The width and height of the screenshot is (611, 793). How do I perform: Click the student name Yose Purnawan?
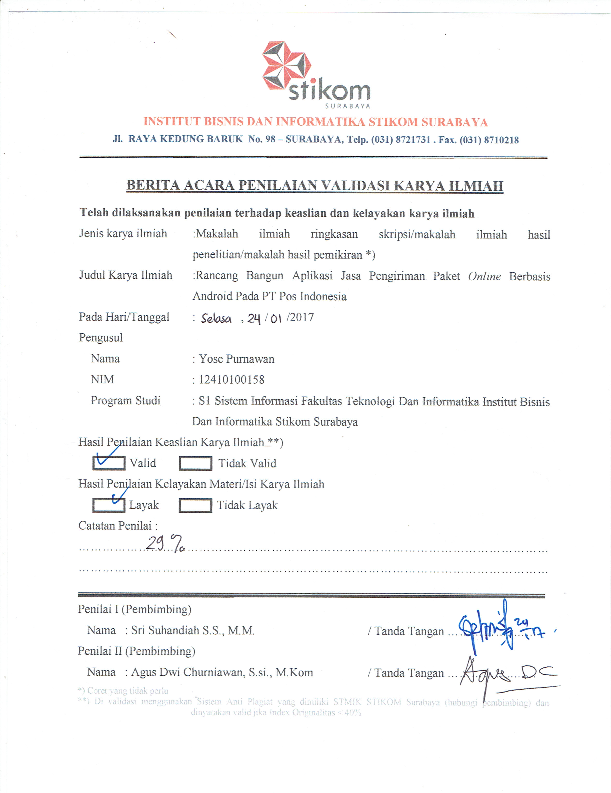click(237, 359)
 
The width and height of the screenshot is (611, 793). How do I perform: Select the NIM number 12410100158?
click(231, 380)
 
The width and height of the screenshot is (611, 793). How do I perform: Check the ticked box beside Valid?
click(108, 463)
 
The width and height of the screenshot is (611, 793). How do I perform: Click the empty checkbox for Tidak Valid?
click(195, 463)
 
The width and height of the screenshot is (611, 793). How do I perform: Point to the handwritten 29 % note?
click(165, 544)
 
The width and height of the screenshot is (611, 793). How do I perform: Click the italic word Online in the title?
click(484, 277)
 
